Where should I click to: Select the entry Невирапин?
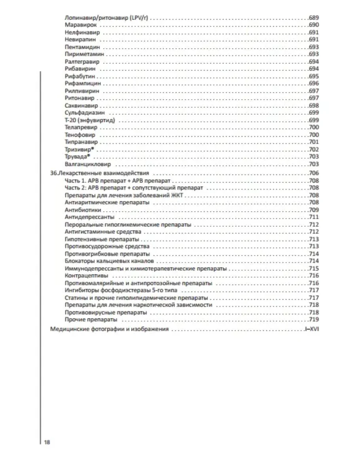[x=80, y=40]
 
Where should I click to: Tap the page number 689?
[x=313, y=18]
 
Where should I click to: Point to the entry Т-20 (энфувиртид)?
[x=91, y=120]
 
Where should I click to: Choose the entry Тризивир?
[x=80, y=150]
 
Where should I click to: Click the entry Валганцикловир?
[x=88, y=164]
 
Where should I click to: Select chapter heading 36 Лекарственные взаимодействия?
[x=100, y=173]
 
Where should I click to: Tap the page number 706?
[x=313, y=173]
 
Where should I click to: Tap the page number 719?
[x=313, y=320]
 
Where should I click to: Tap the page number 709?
[x=313, y=210]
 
